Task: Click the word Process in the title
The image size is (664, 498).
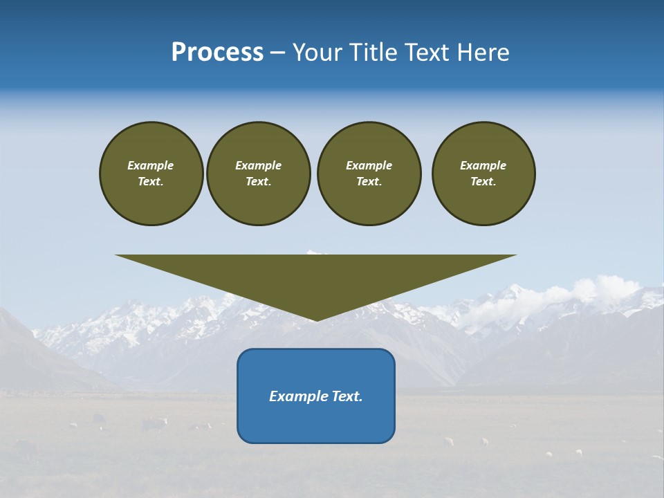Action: coord(217,53)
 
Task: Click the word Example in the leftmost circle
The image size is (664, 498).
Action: coord(151,165)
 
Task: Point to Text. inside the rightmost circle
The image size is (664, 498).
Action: coord(483,182)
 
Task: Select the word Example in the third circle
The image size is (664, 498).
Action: coord(369,165)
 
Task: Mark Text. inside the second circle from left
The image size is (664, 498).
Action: coord(259,182)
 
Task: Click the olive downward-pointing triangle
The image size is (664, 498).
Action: coord(316,277)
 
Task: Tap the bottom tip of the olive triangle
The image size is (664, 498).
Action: coord(316,319)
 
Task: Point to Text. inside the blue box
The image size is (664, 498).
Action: coord(346,396)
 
